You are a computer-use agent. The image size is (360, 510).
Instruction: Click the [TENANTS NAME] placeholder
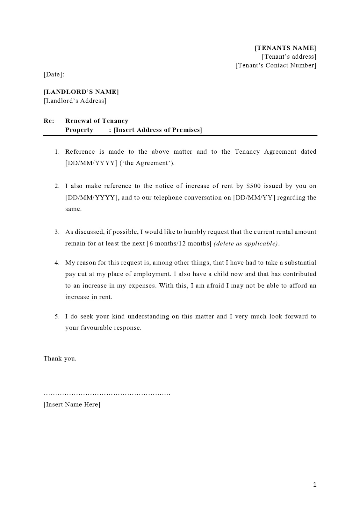coord(285,48)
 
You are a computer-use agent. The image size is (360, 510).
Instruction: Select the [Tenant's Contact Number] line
coord(276,65)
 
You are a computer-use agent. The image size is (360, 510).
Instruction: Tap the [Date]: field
coord(54,74)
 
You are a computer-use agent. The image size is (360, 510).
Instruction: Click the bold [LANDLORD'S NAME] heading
coord(81,92)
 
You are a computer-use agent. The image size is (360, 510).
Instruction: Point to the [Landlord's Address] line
coord(75,101)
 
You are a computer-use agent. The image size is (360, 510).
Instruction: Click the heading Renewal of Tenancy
coord(97,121)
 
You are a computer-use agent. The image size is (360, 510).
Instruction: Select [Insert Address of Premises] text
coord(158,130)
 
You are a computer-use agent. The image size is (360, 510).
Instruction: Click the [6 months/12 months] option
coord(179,244)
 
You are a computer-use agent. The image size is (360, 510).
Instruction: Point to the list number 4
coord(57,263)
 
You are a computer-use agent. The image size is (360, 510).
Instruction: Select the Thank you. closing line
coord(60,359)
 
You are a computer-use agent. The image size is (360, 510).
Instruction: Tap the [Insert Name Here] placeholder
coord(72,404)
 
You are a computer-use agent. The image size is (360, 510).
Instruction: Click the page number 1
coord(315,485)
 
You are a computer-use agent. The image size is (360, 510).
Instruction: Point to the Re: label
coord(49,121)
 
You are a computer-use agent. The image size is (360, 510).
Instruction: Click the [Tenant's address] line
coord(289,57)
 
